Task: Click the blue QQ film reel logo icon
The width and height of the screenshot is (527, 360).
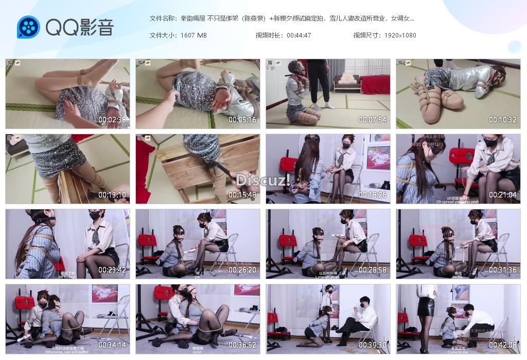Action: (28, 27)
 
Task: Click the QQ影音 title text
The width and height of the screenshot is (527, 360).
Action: (80, 27)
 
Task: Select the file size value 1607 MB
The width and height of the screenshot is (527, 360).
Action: (194, 35)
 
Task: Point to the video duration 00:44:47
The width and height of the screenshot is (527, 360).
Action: (299, 35)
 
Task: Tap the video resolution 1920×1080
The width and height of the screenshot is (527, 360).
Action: (400, 35)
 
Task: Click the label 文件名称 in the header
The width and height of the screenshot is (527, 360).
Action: (162, 19)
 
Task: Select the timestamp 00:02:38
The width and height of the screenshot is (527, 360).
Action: (112, 120)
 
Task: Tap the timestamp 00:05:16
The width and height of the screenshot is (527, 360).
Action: (242, 120)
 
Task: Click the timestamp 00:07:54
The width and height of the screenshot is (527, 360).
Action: (373, 120)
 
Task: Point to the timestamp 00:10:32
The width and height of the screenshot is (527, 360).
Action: (503, 120)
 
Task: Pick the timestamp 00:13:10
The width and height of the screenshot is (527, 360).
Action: (112, 195)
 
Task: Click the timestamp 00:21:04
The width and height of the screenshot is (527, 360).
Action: (503, 195)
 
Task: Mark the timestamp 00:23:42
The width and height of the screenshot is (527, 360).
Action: (112, 270)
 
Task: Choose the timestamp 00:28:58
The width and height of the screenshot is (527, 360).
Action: (373, 270)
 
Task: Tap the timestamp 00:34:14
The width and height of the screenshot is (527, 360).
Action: (112, 345)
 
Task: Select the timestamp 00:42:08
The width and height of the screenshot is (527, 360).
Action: (503, 345)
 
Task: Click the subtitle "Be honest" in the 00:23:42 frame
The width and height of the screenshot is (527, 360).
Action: (67, 277)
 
